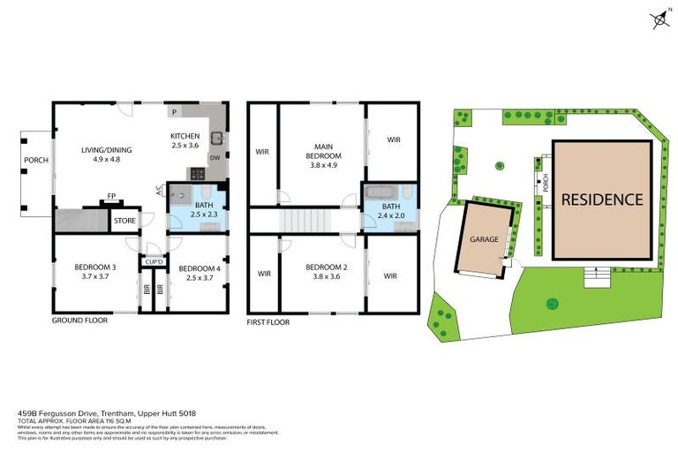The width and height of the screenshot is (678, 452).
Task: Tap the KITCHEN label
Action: point(185,136)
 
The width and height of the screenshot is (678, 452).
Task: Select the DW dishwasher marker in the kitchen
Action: point(215,158)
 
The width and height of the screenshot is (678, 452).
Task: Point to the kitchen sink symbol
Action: point(215,139)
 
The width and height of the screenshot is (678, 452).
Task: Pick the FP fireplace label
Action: point(111,197)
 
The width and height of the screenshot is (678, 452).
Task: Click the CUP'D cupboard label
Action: point(153,263)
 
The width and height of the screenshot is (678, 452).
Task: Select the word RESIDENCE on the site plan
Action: point(602,200)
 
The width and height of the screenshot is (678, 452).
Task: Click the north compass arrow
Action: point(659,19)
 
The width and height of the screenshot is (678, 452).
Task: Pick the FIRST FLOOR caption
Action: point(270,324)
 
